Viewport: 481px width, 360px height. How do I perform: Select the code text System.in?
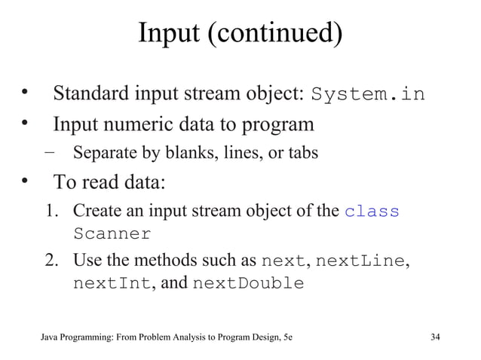[368, 96]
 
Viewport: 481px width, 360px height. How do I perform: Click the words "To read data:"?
[108, 183]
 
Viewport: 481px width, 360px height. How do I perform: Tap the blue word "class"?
[372, 212]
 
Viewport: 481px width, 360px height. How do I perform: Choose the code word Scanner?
[112, 233]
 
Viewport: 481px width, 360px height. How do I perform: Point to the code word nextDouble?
[249, 285]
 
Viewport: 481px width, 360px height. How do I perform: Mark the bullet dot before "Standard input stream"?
[26, 93]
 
